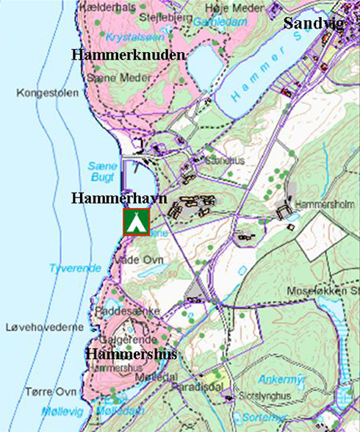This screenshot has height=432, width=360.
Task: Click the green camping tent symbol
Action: (136, 222)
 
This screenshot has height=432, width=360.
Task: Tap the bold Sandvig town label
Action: (314, 22)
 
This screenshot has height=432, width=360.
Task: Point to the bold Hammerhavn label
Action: (119, 198)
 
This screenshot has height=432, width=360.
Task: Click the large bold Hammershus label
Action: (131, 356)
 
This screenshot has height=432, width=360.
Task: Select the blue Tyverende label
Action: (75, 268)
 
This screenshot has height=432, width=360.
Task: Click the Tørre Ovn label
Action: (49, 392)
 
